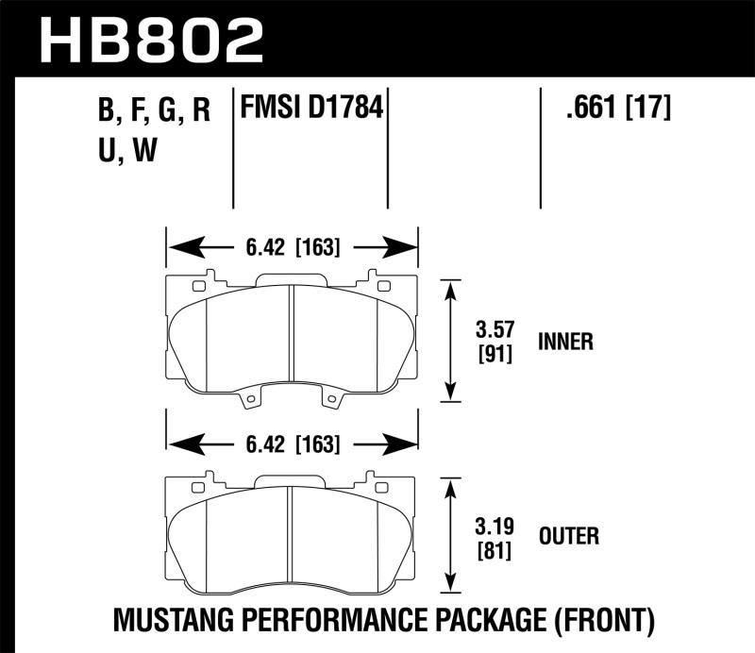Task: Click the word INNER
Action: [x=565, y=342]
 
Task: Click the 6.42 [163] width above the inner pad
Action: [x=292, y=249]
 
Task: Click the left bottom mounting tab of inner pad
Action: [x=251, y=401]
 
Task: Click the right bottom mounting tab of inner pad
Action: [x=332, y=401]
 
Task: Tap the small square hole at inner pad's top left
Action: [x=198, y=285]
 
